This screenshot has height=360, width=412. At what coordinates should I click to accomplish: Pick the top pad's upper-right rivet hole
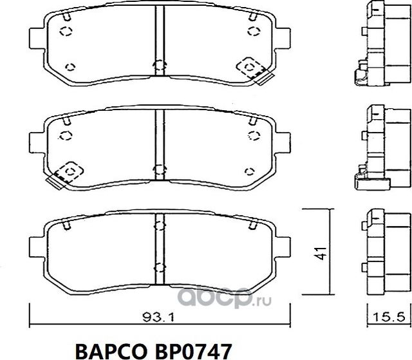point(250,32)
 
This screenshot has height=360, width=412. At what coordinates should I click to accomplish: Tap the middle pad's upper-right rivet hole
point(250,134)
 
